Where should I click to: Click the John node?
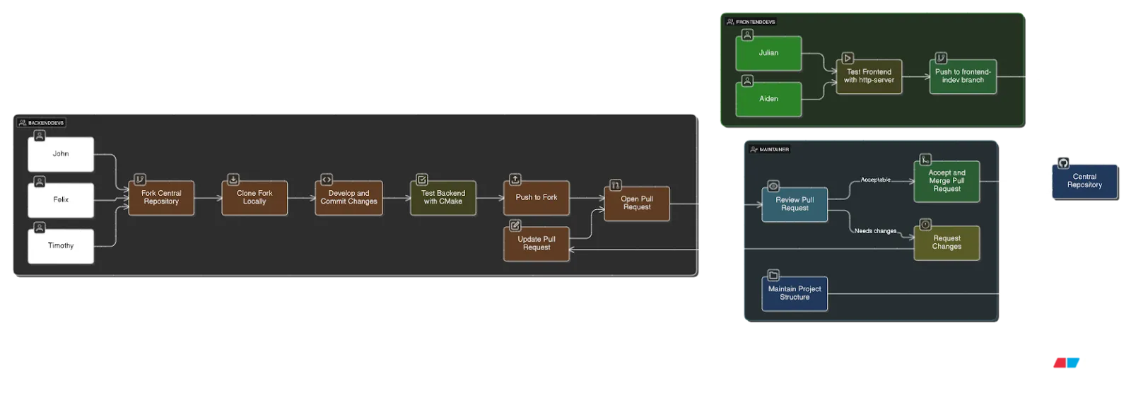(x=61, y=154)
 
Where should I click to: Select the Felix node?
(x=61, y=200)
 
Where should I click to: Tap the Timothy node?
(x=61, y=246)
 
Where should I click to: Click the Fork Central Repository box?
(x=161, y=198)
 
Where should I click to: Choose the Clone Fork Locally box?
(x=254, y=198)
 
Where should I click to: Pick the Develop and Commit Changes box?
(x=348, y=198)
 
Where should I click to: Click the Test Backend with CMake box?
(x=443, y=198)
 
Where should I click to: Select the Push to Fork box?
(x=537, y=198)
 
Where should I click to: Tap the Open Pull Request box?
(x=637, y=204)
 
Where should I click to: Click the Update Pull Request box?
(x=537, y=244)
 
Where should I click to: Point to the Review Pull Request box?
(x=795, y=204)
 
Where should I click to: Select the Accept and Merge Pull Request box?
(x=947, y=182)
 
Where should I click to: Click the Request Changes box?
(x=947, y=243)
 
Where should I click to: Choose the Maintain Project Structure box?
(x=795, y=293)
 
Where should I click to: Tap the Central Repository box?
(x=1084, y=182)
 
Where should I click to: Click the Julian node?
(x=768, y=54)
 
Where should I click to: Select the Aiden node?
(x=768, y=100)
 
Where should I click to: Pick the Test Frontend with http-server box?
(x=869, y=76)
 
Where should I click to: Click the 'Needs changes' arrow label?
(x=875, y=231)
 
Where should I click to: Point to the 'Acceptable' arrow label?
(x=875, y=180)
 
